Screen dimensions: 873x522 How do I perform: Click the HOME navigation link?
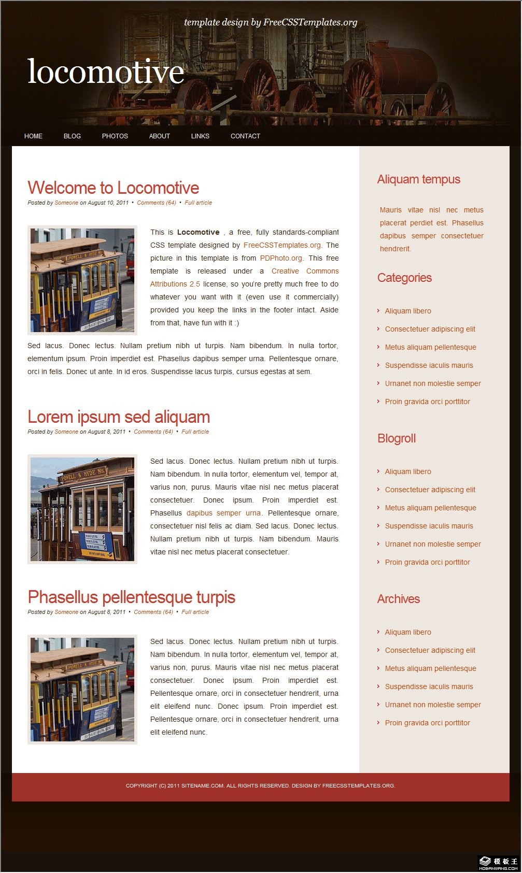coord(33,136)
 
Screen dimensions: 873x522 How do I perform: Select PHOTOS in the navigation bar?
coord(115,136)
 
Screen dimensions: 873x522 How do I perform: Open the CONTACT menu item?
coord(245,136)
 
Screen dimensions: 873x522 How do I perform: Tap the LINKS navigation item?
coord(200,136)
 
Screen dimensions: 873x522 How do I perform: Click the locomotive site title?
coord(106,71)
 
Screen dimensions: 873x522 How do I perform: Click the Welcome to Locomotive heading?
coord(113,188)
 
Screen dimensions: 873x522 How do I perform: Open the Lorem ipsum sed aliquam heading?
coord(119,417)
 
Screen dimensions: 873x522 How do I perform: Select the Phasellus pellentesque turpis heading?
coord(131,597)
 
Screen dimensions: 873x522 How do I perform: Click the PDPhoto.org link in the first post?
coord(281,258)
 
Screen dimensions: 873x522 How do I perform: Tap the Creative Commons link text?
coord(305,271)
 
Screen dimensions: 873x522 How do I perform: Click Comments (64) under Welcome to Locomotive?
coord(157,203)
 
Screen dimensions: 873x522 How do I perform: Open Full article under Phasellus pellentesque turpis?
coord(195,612)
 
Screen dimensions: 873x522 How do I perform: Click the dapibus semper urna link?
coord(223,513)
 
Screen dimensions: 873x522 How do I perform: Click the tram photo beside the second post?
coord(82,509)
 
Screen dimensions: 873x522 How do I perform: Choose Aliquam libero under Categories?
coord(408,311)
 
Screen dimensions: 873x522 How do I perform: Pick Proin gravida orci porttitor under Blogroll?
coord(427,562)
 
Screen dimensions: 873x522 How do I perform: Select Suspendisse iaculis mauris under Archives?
coord(429,686)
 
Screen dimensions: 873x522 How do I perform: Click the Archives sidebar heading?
coord(399,599)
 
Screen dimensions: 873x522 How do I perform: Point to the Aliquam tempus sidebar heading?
coord(419,179)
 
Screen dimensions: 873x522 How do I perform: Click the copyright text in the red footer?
coord(260,786)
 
